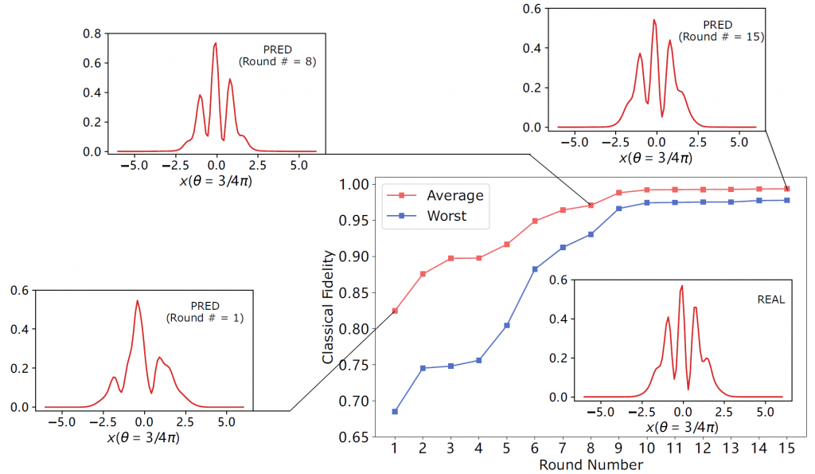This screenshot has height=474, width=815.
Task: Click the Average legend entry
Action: pos(454,195)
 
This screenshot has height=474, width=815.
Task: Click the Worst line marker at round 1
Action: pos(395,412)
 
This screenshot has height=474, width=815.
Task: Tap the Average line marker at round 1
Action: pos(395,311)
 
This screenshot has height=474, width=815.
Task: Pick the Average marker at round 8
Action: pos(591,205)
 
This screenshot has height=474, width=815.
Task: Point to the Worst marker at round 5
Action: pos(506,325)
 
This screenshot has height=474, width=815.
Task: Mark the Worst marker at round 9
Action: pos(618,209)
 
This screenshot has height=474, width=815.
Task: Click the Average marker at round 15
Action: pos(787,189)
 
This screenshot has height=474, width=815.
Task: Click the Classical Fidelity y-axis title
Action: pos(328,308)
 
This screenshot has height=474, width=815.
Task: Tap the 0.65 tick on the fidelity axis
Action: pos(353,437)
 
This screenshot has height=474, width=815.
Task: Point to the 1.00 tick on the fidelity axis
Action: pos(353,184)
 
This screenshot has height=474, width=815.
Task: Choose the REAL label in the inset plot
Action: pos(771,300)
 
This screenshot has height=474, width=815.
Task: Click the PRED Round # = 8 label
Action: pos(278,55)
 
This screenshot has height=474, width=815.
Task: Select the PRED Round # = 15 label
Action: pos(721,31)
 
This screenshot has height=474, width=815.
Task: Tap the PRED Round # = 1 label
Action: pos(205,311)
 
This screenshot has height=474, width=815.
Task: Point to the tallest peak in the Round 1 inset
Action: pos(138,300)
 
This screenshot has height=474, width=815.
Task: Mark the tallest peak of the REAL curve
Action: pos(682,286)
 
